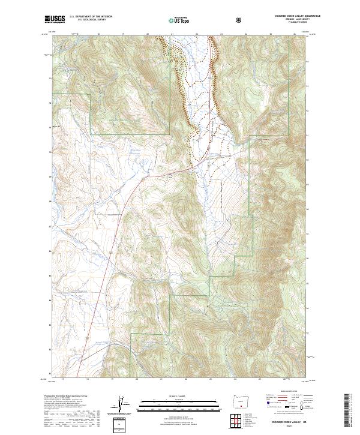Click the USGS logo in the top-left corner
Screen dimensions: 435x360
click(56, 19)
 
